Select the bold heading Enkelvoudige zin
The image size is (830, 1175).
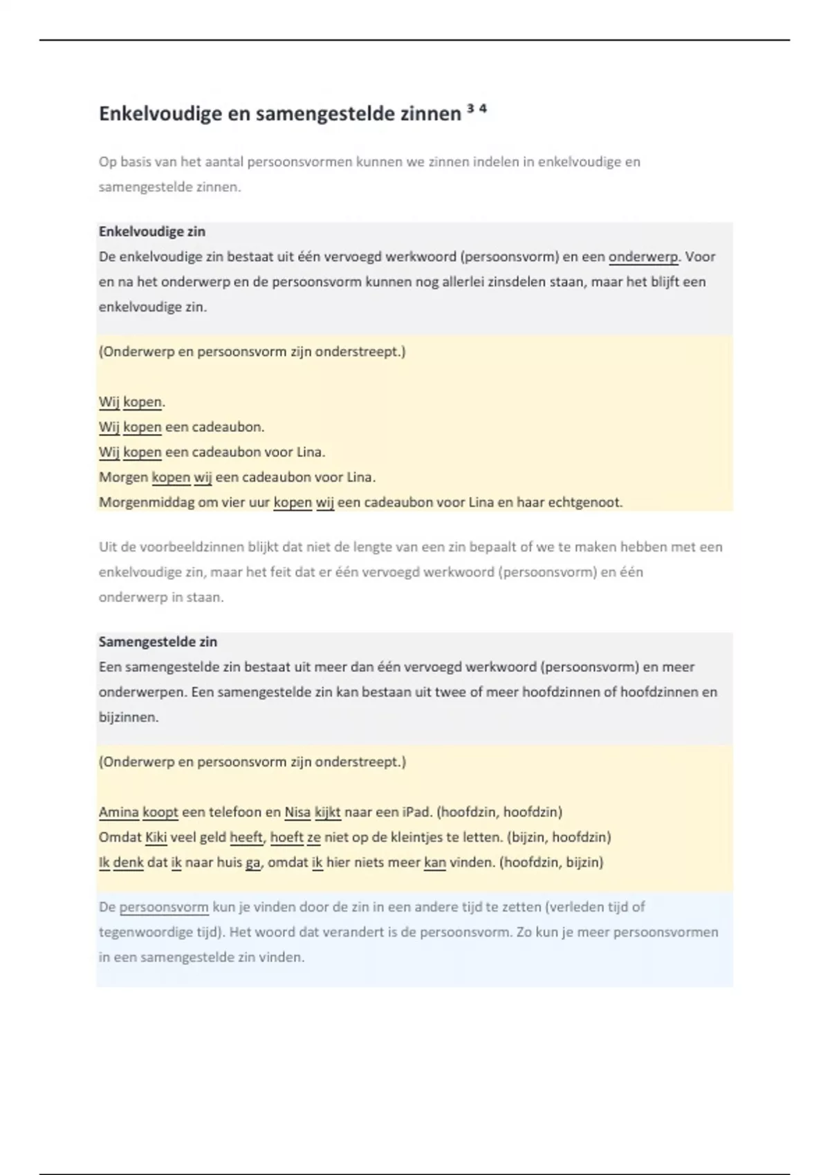[152, 232]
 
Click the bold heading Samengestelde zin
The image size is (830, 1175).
[158, 641]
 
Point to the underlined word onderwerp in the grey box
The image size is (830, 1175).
[643, 257]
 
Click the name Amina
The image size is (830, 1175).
[119, 812]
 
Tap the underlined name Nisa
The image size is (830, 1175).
[297, 812]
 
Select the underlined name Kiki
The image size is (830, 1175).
[156, 837]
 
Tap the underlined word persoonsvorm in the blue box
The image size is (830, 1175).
[164, 907]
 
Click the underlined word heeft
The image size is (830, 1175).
[246, 837]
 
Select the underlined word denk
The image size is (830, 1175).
[128, 863]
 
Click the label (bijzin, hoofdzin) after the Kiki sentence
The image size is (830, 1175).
[559, 837]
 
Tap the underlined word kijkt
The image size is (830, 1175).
[327, 812]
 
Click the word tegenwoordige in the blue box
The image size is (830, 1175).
[147, 932]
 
